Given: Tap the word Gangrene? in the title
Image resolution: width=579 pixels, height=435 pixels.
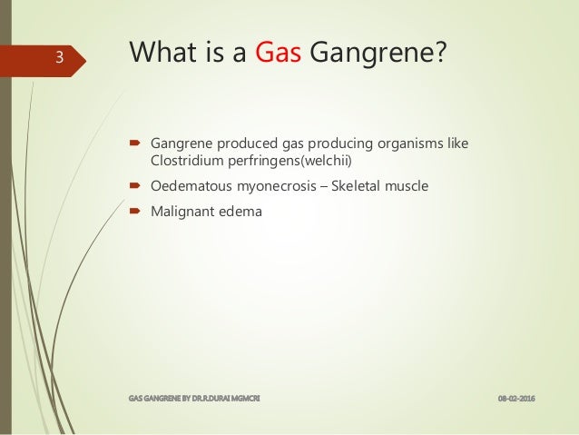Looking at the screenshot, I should click(x=378, y=56).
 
